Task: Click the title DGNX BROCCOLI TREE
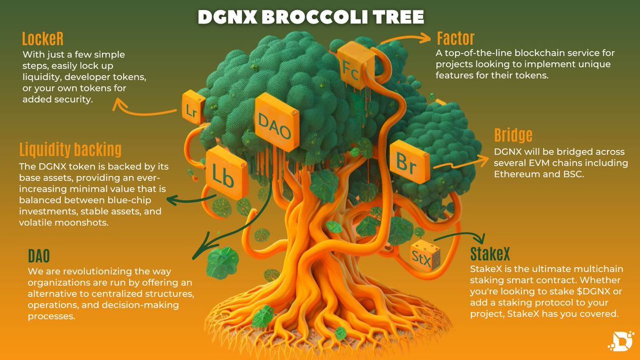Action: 311,17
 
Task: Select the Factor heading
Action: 455,38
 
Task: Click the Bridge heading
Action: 513,135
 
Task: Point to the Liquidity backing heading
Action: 70,149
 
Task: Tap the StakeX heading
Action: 494,253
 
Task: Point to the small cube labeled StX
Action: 425,257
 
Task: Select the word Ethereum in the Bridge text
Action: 517,173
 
